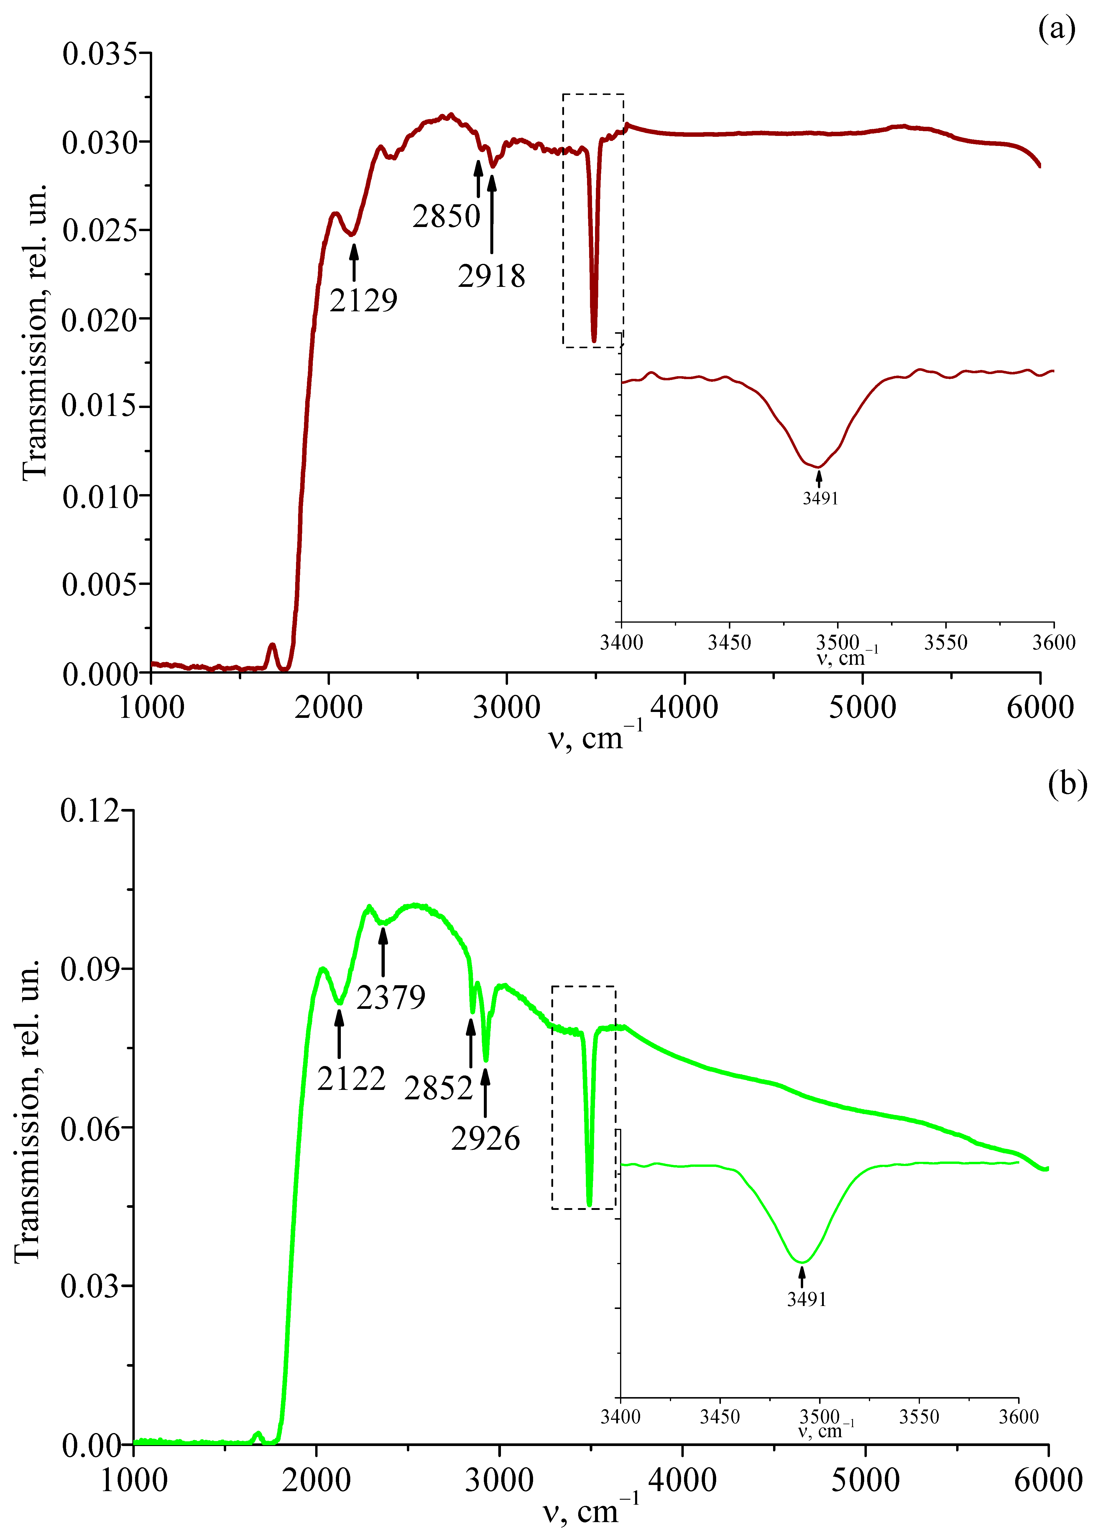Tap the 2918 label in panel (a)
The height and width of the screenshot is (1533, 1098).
coord(492,276)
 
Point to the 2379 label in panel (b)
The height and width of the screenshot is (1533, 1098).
coord(391,997)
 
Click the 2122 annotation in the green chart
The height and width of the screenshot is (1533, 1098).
coord(351,1078)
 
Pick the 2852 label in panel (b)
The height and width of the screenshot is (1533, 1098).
coord(438,1088)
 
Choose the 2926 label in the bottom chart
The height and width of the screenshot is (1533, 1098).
coord(485,1139)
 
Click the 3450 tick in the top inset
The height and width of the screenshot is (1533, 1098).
coord(729,642)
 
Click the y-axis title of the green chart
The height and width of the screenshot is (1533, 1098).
coord(27,1108)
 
